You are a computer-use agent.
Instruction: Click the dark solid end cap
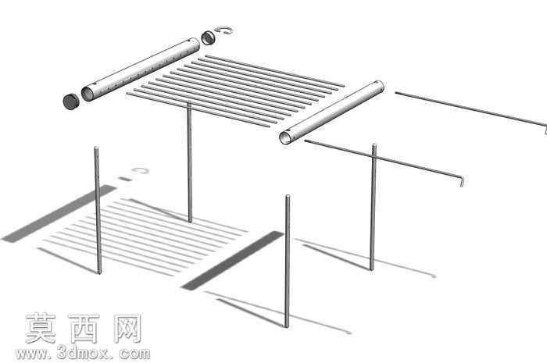[x=71, y=101]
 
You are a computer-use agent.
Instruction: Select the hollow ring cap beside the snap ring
[x=208, y=37]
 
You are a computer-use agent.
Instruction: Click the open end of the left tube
[x=88, y=94]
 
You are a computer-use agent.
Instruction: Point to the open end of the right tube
[x=286, y=137]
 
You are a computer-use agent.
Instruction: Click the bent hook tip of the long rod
[x=462, y=181]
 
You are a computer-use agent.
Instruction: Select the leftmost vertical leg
[x=98, y=210]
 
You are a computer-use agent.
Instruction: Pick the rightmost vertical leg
[x=374, y=207]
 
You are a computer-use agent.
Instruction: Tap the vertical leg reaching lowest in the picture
[x=287, y=262]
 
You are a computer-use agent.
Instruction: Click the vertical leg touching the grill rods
[x=189, y=162]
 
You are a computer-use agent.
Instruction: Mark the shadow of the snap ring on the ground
[x=140, y=171]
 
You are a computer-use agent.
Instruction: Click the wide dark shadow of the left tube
[x=59, y=214]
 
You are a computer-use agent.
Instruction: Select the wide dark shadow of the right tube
[x=232, y=261]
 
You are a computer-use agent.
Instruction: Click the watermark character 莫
[x=41, y=328]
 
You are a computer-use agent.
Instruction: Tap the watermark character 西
[x=84, y=328]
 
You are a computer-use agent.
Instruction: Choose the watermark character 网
[x=127, y=328]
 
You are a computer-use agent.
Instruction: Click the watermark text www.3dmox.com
[x=83, y=354]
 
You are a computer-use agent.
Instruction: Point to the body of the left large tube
[x=141, y=69]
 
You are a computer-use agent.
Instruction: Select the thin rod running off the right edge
[x=471, y=110]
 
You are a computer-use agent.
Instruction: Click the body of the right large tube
[x=332, y=112]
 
